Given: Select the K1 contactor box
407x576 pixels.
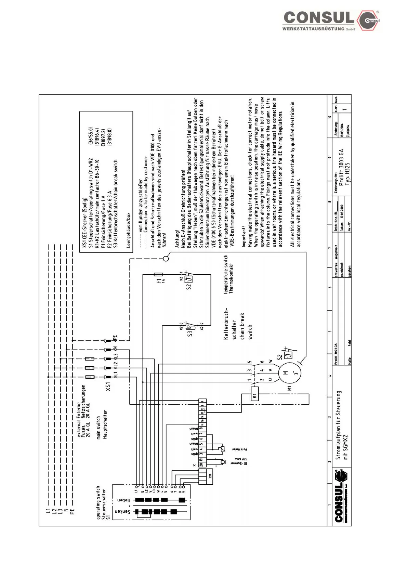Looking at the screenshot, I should click(254, 394).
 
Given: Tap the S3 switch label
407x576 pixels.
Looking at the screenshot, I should click(190, 332).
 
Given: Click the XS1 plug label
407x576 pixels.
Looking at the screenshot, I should click(108, 387).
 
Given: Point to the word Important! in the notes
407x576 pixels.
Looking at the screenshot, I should click(244, 236).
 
